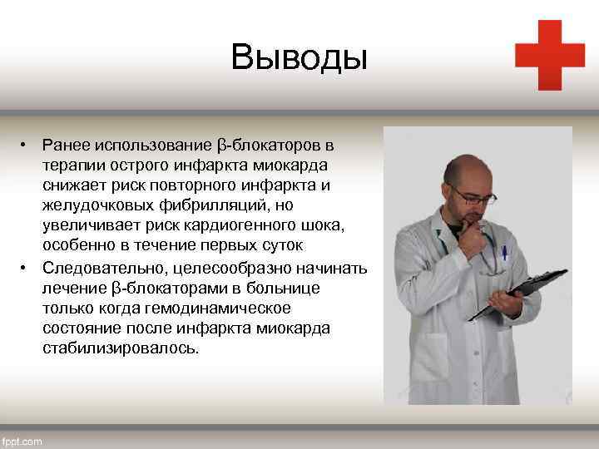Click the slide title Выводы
(x=299, y=57)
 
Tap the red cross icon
(x=549, y=55)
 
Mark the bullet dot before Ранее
(x=27, y=146)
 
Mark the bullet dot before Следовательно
(x=27, y=267)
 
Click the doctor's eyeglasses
(x=475, y=197)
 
